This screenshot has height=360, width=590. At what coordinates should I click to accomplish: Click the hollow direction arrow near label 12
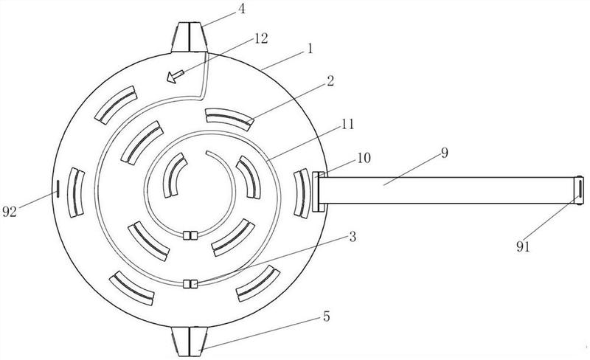[x=176, y=75]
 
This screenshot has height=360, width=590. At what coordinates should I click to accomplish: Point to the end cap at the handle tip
[x=578, y=188]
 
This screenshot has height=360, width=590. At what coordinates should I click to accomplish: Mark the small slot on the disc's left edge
[x=57, y=189]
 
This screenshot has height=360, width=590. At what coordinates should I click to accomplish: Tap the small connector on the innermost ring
[x=190, y=236]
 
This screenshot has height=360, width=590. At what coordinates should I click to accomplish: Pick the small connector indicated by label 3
[x=190, y=283]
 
